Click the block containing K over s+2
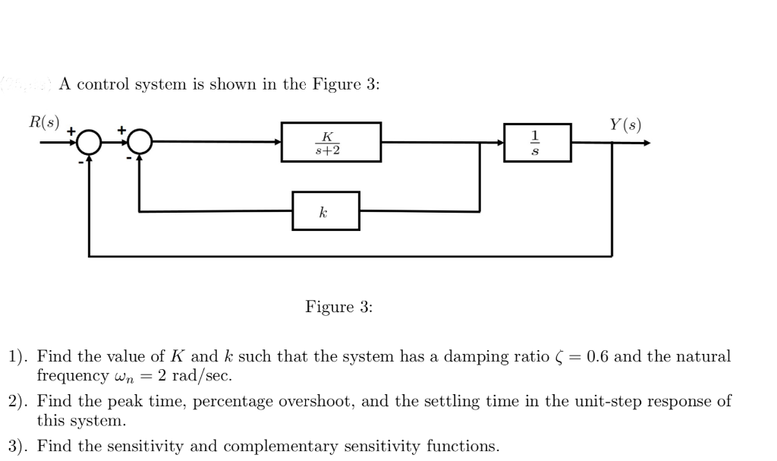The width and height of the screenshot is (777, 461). click(331, 141)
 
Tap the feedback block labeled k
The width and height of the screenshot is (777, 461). click(326, 211)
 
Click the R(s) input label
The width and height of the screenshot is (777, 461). click(43, 122)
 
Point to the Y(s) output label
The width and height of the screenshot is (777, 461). click(625, 124)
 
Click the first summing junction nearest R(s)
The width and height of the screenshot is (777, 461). click(90, 142)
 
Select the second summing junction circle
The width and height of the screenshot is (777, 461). click(140, 142)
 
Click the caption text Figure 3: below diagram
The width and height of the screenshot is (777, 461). click(339, 307)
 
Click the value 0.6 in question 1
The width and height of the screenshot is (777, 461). click(597, 356)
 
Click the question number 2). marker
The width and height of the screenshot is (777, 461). click(18, 402)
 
